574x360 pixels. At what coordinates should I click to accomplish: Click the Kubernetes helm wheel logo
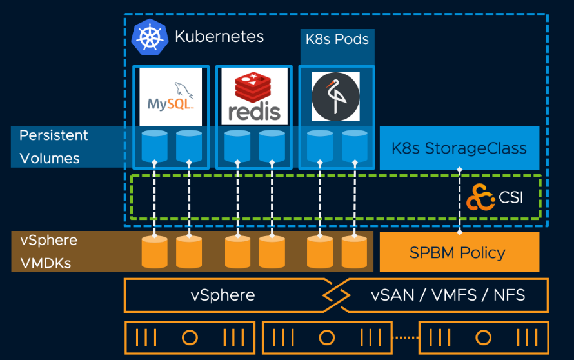[150, 37]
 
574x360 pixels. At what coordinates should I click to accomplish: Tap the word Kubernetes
[219, 36]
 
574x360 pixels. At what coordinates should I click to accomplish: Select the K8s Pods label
[337, 39]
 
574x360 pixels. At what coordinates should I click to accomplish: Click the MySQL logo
[171, 97]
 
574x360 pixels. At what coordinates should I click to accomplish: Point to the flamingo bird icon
[335, 97]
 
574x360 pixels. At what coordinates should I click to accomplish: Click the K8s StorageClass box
[459, 148]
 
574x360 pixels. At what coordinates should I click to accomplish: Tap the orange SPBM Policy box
[459, 252]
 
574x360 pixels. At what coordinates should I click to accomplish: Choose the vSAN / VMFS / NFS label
[448, 295]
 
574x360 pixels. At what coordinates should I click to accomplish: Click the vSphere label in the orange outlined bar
[223, 295]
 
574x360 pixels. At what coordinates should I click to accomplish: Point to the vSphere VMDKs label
[48, 252]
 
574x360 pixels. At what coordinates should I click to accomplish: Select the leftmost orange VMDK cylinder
[155, 252]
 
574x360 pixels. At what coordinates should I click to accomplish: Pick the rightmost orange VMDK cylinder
[354, 252]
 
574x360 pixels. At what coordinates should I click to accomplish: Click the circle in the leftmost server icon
[189, 337]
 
